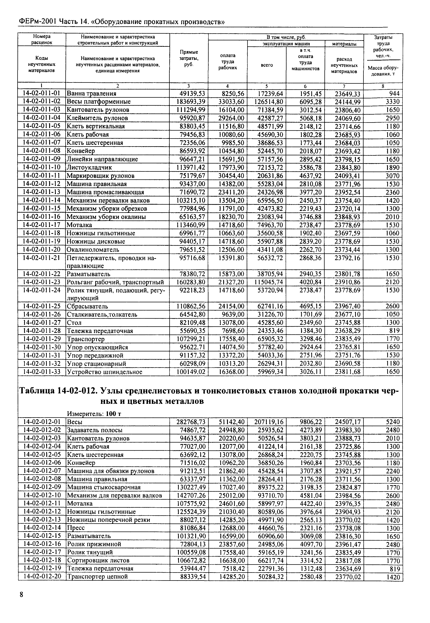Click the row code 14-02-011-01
(42, 93)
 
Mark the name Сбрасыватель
(87, 306)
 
